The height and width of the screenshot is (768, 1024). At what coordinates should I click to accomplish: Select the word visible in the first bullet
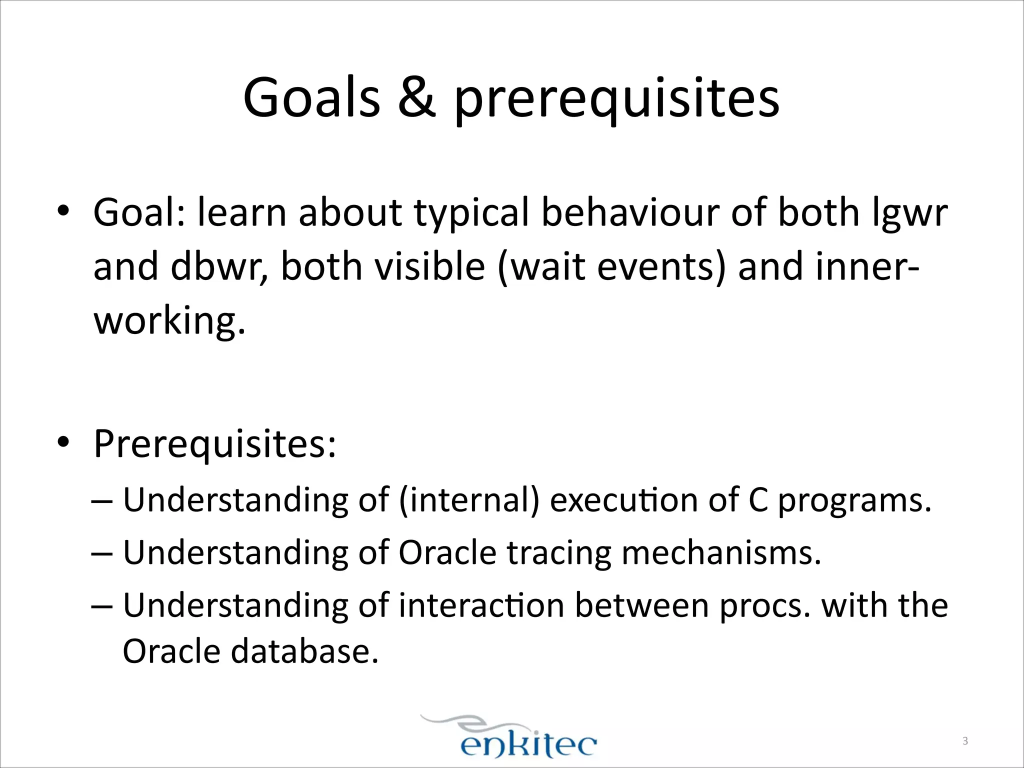(x=429, y=266)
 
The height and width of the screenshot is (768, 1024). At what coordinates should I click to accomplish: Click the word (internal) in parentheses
(x=469, y=500)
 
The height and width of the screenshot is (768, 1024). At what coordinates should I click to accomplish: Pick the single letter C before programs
(x=758, y=500)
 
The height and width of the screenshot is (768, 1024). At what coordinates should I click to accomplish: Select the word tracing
(x=558, y=553)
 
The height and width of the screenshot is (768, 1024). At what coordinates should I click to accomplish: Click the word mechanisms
(x=721, y=553)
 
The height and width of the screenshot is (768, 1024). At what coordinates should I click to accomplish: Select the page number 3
(x=965, y=741)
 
